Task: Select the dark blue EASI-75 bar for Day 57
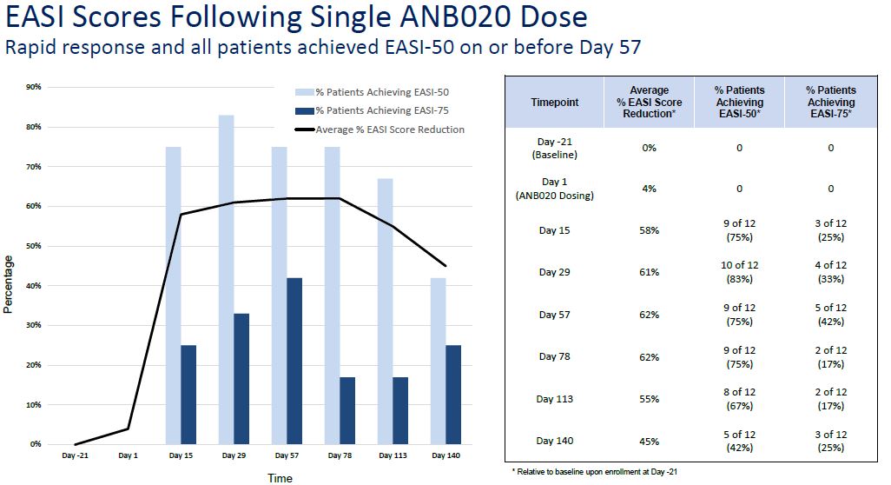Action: pyautogui.click(x=294, y=361)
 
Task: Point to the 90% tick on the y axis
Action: pyautogui.click(x=35, y=87)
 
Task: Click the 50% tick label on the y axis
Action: pyautogui.click(x=35, y=246)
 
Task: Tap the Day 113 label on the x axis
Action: pyautogui.click(x=393, y=455)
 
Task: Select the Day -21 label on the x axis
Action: pyautogui.click(x=75, y=455)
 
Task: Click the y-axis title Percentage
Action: pyautogui.click(x=9, y=283)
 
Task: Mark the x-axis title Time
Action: pyautogui.click(x=280, y=478)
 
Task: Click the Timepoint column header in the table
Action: pyautogui.click(x=554, y=103)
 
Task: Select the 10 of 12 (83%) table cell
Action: pyautogui.click(x=739, y=272)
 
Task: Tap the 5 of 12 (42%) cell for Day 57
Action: pyautogui.click(x=830, y=315)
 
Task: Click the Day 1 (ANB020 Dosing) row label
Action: pyautogui.click(x=554, y=189)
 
